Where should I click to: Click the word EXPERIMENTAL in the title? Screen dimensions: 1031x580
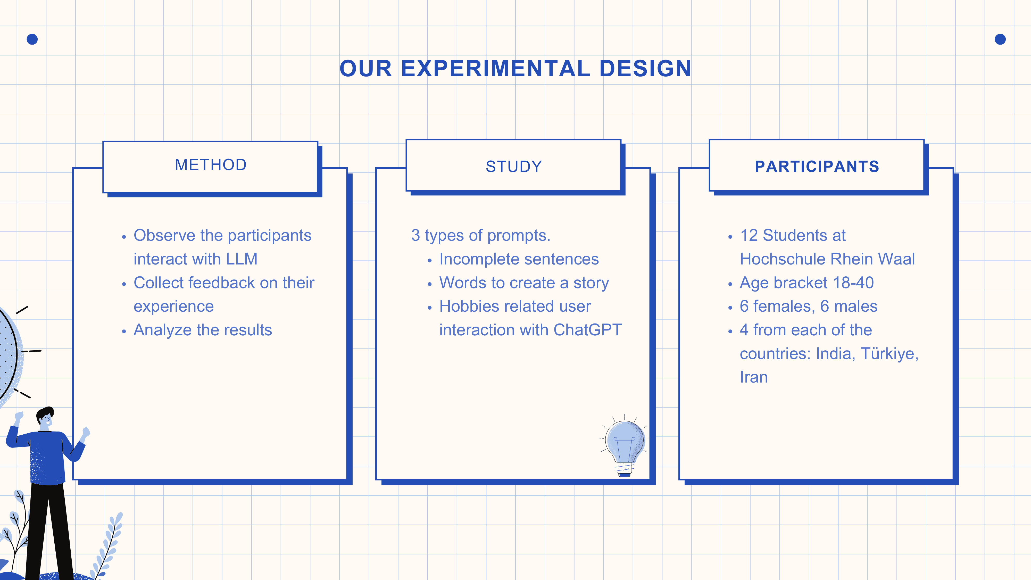coord(495,69)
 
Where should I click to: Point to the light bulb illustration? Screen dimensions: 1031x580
coord(624,445)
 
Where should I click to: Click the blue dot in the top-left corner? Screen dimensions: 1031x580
coord(32,39)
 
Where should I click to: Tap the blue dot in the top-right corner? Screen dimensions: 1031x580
coord(1000,39)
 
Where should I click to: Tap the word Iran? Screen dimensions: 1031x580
coord(754,377)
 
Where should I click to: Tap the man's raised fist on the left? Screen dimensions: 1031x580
coord(19,416)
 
